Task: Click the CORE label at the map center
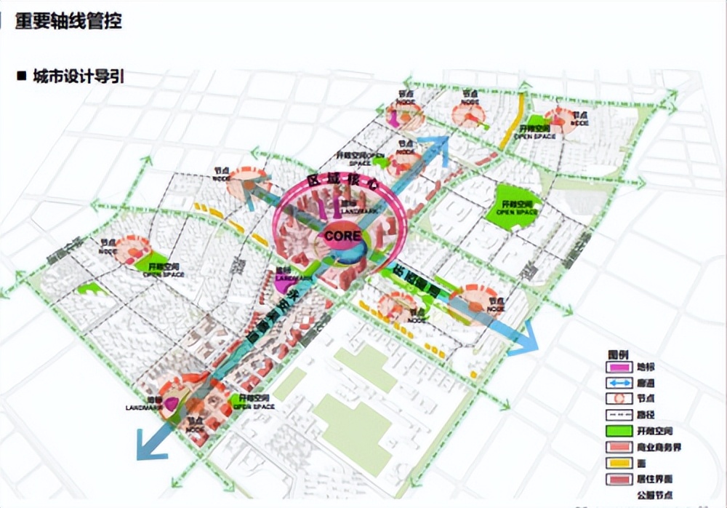(x=343, y=237)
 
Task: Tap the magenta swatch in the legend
(x=616, y=366)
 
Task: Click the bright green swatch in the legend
(x=616, y=431)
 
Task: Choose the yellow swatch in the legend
(x=616, y=463)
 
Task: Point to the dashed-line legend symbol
(x=616, y=415)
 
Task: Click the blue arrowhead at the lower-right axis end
(x=525, y=339)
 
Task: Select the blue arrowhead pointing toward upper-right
(x=438, y=146)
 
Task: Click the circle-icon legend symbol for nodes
(x=616, y=399)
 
